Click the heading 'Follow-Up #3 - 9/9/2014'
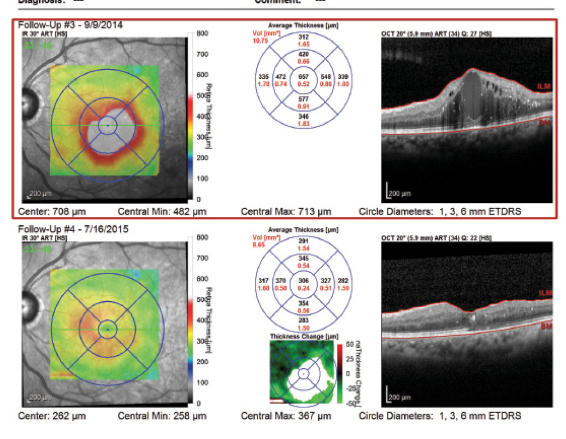[x=70, y=25]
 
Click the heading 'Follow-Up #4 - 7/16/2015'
[x=73, y=230]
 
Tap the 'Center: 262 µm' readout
[x=52, y=416]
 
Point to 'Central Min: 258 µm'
[x=162, y=416]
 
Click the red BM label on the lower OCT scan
[x=547, y=326]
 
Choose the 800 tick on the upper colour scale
[x=203, y=34]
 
